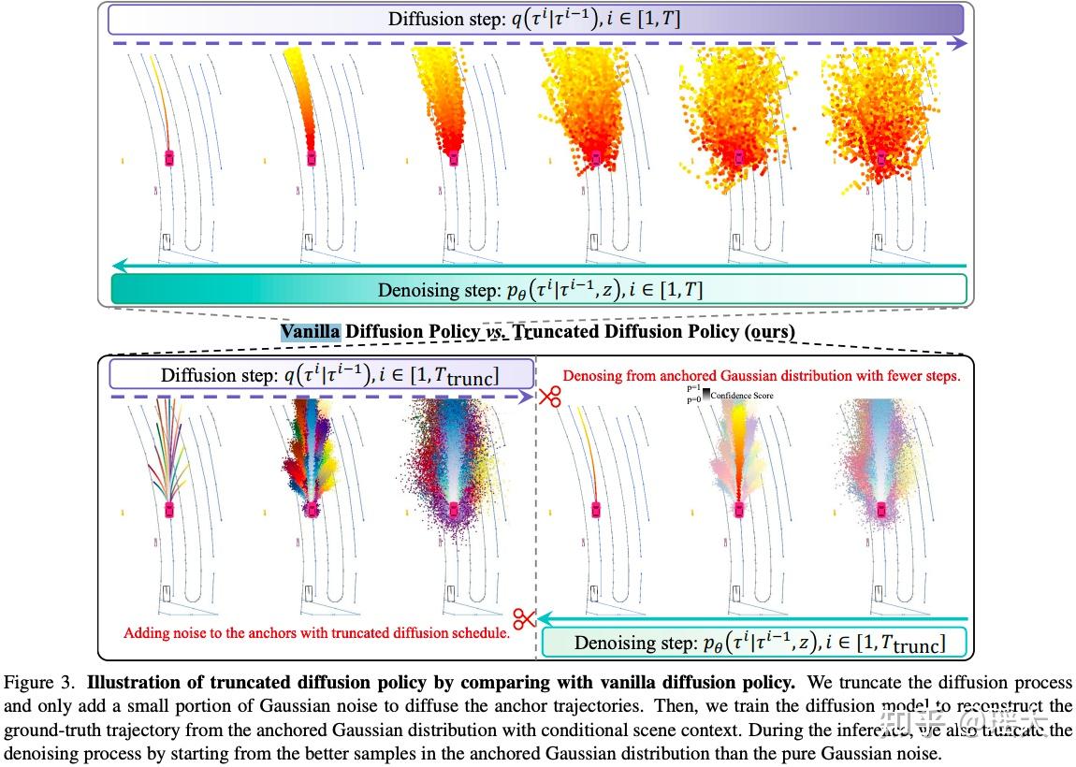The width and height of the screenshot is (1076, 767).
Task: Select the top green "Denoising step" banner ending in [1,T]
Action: (539, 289)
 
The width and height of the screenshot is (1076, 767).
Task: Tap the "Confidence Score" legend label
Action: (742, 396)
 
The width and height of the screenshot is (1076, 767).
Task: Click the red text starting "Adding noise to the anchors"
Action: (316, 633)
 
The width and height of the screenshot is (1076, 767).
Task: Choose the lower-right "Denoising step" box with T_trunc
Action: (754, 643)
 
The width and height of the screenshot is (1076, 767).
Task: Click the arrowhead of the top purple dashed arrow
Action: (961, 43)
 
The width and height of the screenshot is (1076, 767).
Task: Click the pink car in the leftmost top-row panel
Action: (169, 157)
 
